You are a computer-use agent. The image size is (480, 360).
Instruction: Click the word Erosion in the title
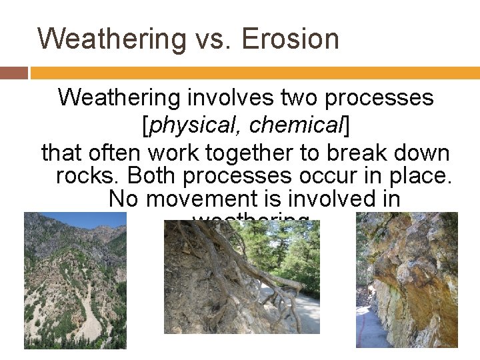[x=290, y=39]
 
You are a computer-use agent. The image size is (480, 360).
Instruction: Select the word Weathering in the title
[x=111, y=39]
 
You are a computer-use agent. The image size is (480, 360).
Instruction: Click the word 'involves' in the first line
[x=229, y=97]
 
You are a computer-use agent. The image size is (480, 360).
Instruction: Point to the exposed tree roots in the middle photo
[x=220, y=267]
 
